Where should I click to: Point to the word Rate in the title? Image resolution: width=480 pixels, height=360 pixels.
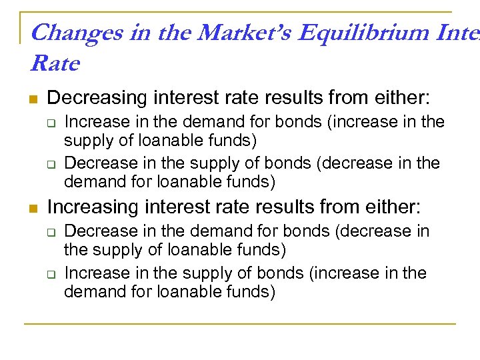pyautogui.click(x=55, y=64)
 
